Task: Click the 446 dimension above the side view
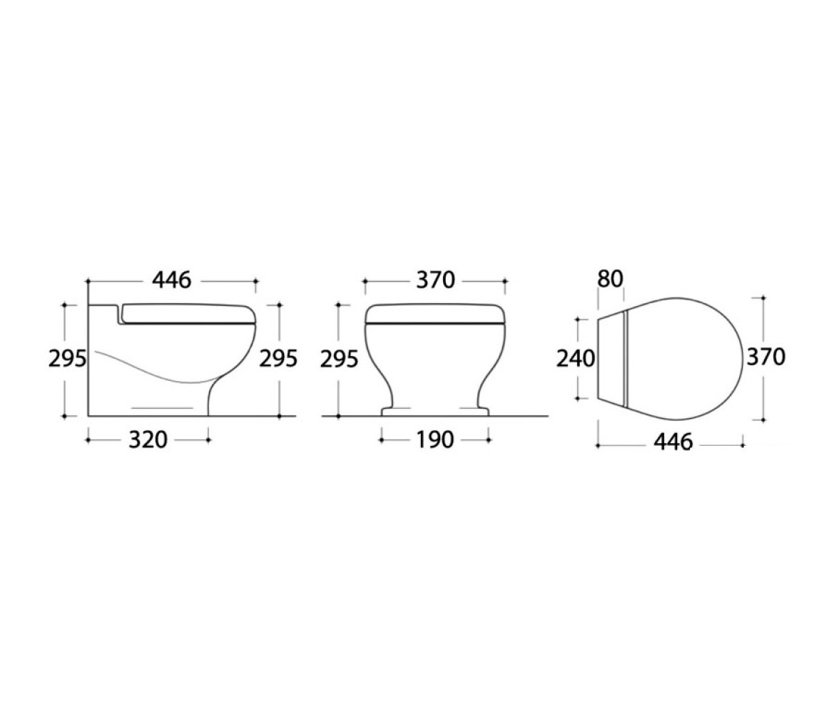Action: click(x=172, y=280)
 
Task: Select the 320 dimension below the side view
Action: click(x=148, y=440)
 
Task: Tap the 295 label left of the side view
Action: click(x=67, y=359)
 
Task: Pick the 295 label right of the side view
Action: click(x=278, y=359)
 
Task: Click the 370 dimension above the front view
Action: click(x=435, y=280)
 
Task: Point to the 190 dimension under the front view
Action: click(x=435, y=440)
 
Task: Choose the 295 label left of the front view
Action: click(x=340, y=359)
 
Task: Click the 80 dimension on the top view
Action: click(x=611, y=279)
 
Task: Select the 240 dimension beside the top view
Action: click(x=576, y=359)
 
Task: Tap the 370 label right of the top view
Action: click(x=766, y=357)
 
